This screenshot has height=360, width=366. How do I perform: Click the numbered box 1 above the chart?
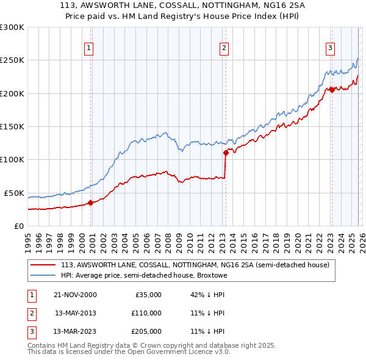pyautogui.click(x=89, y=48)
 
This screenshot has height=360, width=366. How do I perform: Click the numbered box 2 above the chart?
pyautogui.click(x=224, y=48)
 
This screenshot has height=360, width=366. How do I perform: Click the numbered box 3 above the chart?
pyautogui.click(x=330, y=48)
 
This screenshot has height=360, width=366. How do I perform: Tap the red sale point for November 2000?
pyautogui.click(x=91, y=203)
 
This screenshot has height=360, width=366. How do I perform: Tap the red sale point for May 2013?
pyautogui.click(x=225, y=153)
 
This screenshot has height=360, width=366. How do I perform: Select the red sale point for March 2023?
pyautogui.click(x=332, y=90)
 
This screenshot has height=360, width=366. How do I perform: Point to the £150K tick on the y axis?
pyautogui.click(x=12, y=126)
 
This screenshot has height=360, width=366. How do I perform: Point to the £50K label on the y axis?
pyautogui.click(x=14, y=193)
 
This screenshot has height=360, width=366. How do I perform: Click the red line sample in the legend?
pyautogui.click(x=43, y=265)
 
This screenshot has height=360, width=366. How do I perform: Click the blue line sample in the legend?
pyautogui.click(x=43, y=275)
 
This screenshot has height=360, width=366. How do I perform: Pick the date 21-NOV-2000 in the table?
pyautogui.click(x=76, y=294)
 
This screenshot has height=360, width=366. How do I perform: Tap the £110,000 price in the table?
pyautogui.click(x=147, y=313)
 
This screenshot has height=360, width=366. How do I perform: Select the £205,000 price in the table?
pyautogui.click(x=147, y=332)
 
